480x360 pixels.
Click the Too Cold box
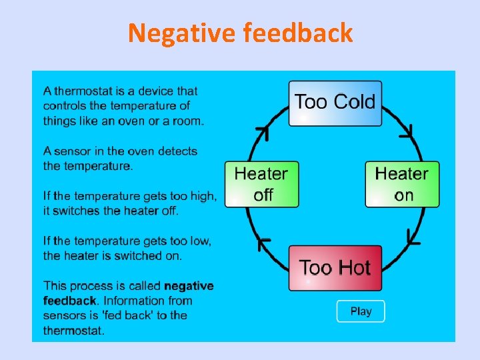tap(335, 103)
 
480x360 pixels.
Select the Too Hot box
tap(335, 268)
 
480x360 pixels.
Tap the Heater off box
tap(262, 184)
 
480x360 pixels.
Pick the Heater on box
tap(402, 184)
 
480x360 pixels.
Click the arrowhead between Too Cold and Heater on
tap(407, 132)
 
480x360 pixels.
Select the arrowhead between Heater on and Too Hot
tap(413, 235)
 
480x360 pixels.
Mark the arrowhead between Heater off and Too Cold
tap(261, 133)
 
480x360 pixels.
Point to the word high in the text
tap(202, 196)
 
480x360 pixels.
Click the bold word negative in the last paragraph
tap(189, 286)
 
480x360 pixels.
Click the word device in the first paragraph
tap(155, 91)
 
